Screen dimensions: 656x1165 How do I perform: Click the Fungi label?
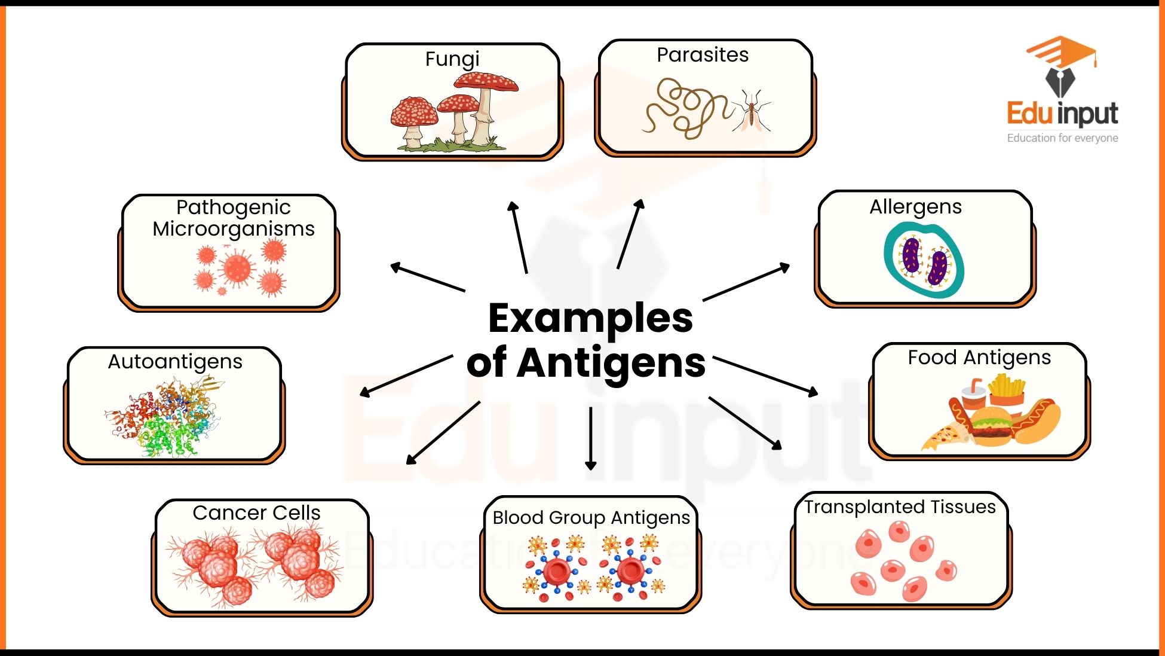coord(452,59)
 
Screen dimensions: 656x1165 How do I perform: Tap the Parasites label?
coord(702,55)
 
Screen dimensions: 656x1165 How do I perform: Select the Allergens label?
coord(915,207)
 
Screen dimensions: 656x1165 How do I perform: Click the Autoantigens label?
coord(175,362)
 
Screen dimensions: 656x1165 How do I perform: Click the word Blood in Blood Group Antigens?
coord(518,517)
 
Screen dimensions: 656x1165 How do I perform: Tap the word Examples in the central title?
coord(590,318)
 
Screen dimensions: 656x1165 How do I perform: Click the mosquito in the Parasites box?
coord(752,112)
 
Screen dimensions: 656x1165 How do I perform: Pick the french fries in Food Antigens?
coord(1007,389)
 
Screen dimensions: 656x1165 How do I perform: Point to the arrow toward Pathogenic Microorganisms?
coord(427,277)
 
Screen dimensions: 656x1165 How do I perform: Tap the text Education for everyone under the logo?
coord(1062,138)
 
